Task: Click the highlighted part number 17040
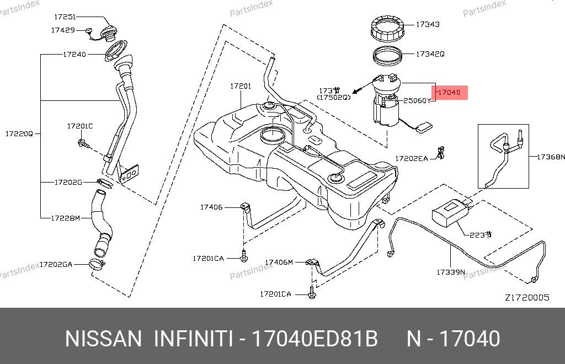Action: click(449, 93)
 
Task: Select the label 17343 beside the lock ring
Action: click(428, 24)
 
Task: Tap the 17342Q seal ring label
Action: click(430, 54)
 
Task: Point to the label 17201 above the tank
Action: click(241, 86)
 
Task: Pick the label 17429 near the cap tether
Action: click(63, 30)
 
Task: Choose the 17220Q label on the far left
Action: click(19, 134)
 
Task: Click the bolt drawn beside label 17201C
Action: click(83, 143)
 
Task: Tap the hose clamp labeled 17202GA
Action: click(97, 265)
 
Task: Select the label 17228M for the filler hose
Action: click(66, 218)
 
